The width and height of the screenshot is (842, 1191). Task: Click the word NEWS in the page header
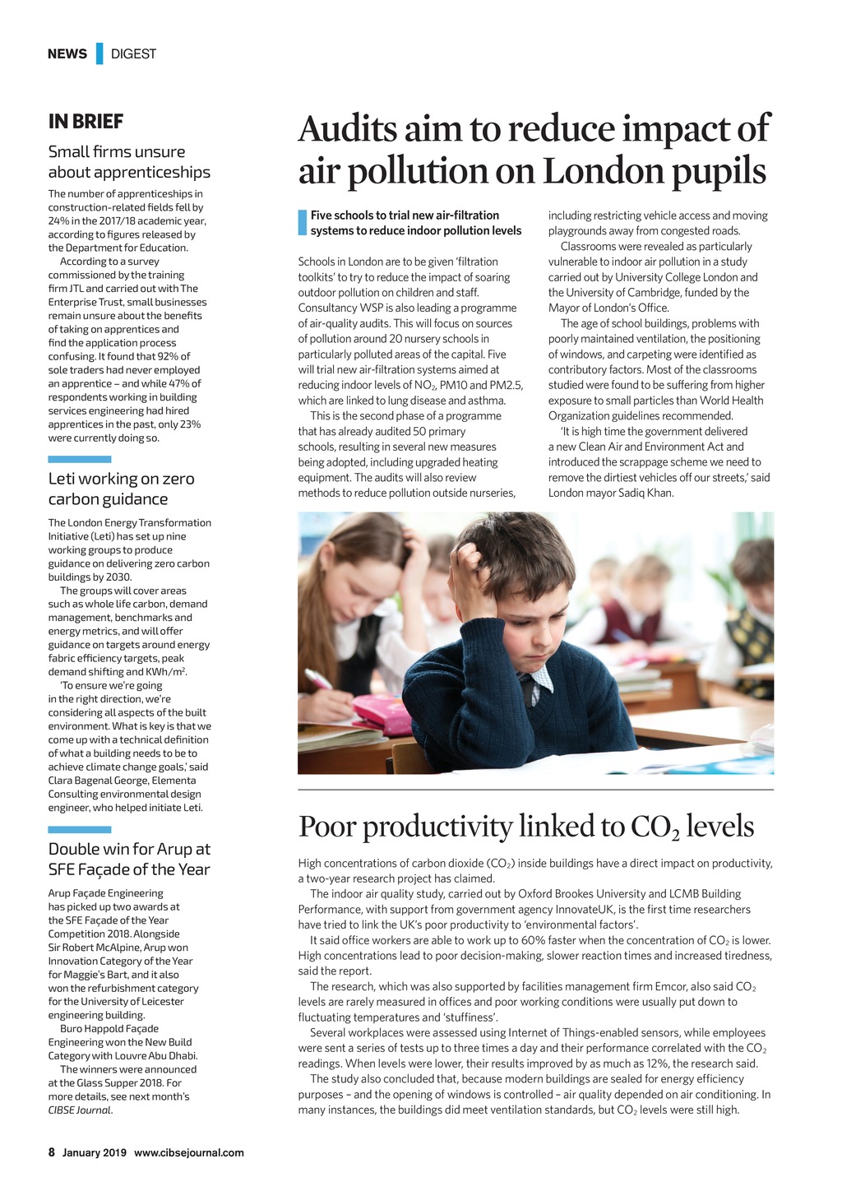[x=67, y=54]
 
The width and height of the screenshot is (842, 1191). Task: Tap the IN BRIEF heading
[x=86, y=122]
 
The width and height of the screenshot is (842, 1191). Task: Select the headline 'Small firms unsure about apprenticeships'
[x=129, y=162]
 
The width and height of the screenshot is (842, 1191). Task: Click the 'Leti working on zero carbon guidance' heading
[x=121, y=489]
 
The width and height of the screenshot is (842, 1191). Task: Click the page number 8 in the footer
[x=52, y=1152]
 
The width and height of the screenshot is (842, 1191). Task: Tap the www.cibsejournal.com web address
[x=188, y=1152]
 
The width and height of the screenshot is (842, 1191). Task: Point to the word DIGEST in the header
[x=133, y=54]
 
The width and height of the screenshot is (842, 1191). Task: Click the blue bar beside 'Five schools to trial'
[x=302, y=223]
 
